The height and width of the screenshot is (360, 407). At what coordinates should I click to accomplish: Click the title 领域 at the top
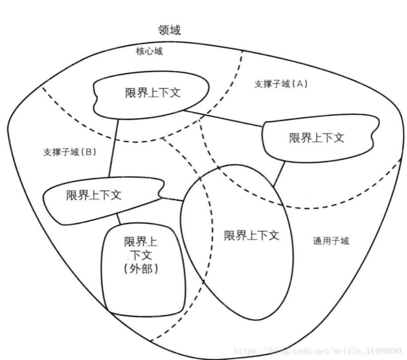click(x=169, y=30)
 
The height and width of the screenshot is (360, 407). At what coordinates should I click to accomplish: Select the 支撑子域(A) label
click(x=281, y=84)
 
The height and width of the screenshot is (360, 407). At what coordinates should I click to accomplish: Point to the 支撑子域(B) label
click(x=70, y=152)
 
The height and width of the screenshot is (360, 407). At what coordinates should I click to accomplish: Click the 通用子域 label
click(x=331, y=241)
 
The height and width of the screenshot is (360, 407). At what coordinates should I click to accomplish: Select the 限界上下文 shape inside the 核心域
click(x=152, y=92)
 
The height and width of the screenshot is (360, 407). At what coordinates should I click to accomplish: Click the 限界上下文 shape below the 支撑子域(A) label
click(x=317, y=137)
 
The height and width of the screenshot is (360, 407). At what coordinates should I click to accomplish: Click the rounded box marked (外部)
click(x=143, y=272)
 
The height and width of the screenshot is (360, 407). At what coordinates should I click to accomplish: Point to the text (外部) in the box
click(x=141, y=269)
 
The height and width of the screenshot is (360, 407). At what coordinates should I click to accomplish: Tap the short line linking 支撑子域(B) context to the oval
click(x=173, y=199)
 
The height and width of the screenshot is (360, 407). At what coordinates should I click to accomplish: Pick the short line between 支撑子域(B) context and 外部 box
click(x=119, y=219)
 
